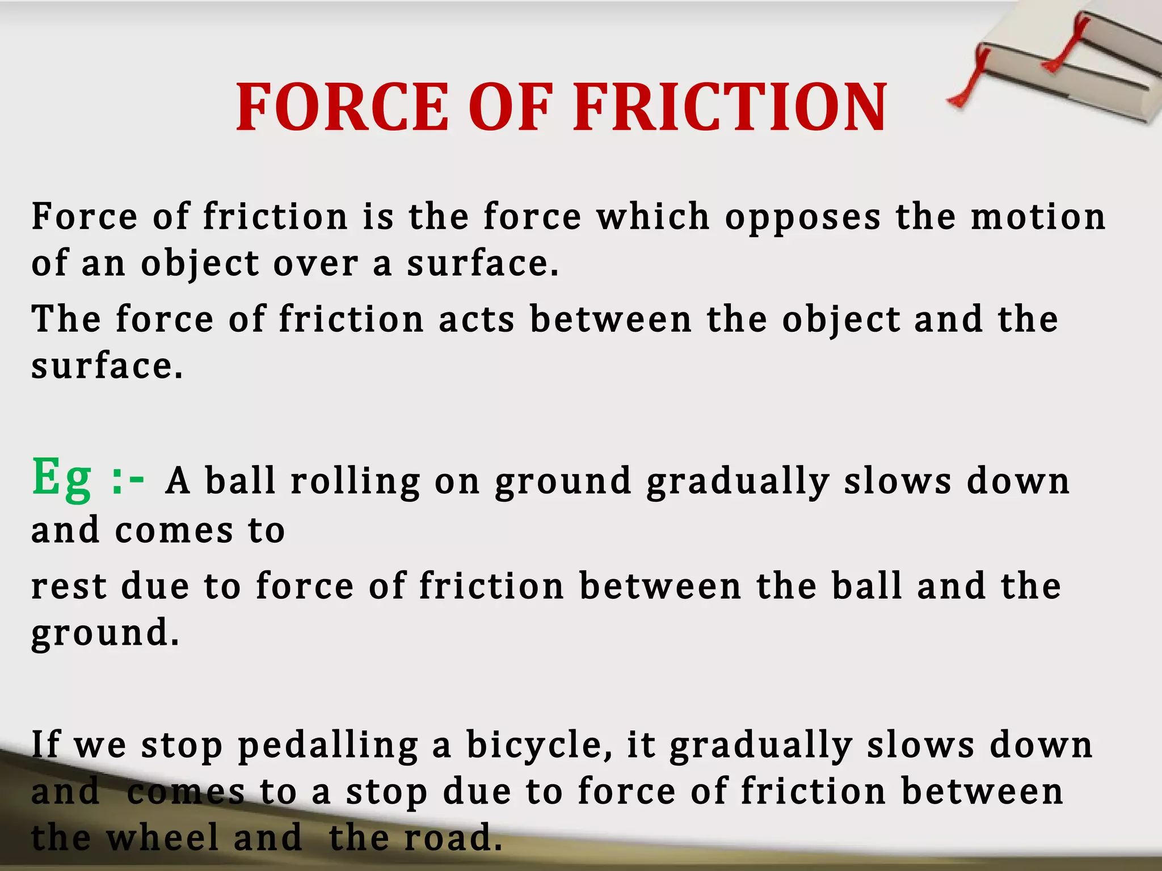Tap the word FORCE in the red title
pos(343,108)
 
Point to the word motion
pos(1038,217)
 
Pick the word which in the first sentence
pos(653,217)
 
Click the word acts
pos(477,319)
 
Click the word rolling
pos(355,482)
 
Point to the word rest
pos(69,586)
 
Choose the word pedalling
pos(328,746)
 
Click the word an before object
pos(103,264)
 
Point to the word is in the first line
pos(378,217)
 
